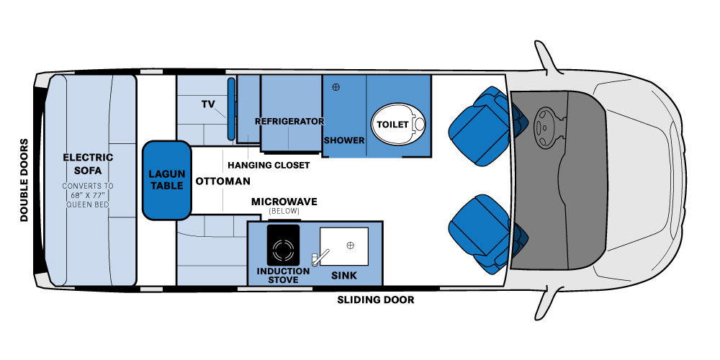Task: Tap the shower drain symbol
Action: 336,87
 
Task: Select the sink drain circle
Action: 351,246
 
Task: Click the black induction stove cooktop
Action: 283,246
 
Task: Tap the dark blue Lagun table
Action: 166,180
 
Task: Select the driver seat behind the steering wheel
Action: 485,125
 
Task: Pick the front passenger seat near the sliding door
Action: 485,234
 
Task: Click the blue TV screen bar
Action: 231,109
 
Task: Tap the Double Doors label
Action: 24,180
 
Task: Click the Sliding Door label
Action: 376,300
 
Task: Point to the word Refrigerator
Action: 289,121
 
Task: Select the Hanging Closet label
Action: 269,165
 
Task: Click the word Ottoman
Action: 223,181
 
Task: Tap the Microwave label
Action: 284,202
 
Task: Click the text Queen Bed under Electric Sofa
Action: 88,204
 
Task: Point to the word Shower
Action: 344,140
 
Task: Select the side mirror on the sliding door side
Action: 549,302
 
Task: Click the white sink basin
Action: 344,246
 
